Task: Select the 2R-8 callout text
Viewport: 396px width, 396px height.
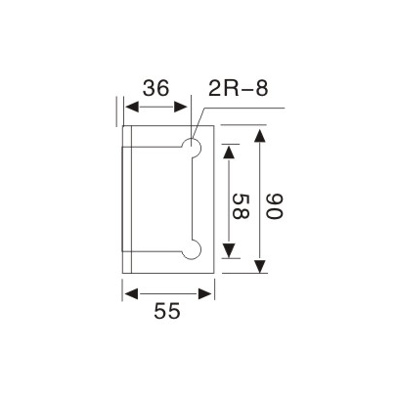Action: pyautogui.click(x=235, y=90)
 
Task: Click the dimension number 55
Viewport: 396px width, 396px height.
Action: pyautogui.click(x=168, y=312)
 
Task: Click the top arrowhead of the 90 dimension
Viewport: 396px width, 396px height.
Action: pyautogui.click(x=259, y=132)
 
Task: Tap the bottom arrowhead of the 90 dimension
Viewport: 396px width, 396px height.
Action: pyautogui.click(x=259, y=270)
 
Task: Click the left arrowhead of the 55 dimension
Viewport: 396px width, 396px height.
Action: pyautogui.click(x=128, y=290)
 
